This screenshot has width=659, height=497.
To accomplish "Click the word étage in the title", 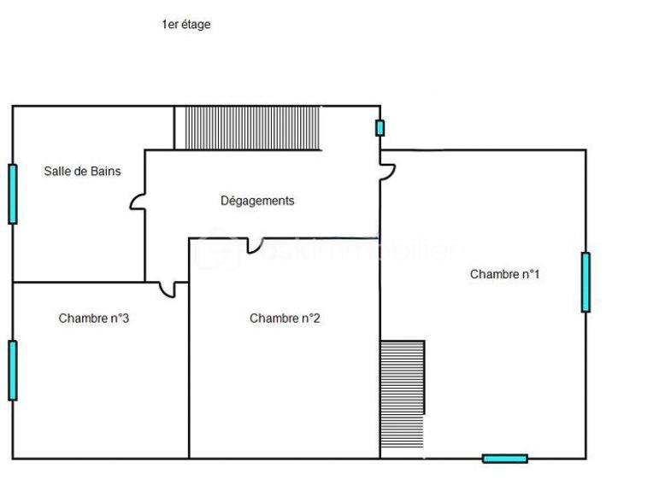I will coord(194,25).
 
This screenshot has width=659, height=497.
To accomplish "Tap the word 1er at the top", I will coord(169,25).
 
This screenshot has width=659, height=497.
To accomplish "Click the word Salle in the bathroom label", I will coord(58,171).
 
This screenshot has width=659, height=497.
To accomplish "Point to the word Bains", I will coord(105,171).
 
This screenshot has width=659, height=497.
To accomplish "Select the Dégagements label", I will coord(257,201).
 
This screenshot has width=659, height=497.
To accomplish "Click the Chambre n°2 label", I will coord(285,319).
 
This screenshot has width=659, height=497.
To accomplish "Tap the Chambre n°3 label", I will coord(93,319).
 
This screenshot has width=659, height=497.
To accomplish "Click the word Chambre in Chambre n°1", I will coord(493,274).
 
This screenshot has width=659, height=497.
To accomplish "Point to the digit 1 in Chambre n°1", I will coord(536,274).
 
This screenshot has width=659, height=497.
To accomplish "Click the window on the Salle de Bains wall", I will coord(13,194).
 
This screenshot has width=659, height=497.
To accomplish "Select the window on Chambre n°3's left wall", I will coord(13,370).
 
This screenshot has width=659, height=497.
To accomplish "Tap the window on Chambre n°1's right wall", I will coord(585,282).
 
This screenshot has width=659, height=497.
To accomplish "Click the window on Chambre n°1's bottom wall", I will coord(504,459).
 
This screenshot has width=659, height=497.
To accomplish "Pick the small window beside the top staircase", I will coord(380,128).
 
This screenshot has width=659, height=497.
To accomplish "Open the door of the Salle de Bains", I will coord(138,202).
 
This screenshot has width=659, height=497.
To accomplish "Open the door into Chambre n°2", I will coord(254,246).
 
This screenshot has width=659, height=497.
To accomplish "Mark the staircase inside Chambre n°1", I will coord(403,394).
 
